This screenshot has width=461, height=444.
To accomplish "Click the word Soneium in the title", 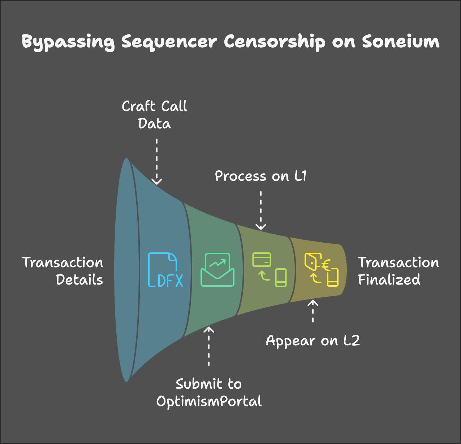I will point(401,42).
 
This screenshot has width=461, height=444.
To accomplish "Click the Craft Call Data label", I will point(155,115).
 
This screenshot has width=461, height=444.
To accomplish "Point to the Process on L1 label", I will point(260,176).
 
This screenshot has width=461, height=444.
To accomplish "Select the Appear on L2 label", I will point(313,341).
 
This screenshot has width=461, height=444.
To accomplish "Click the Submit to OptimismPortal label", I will point(209,393).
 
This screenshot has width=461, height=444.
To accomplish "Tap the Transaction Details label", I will point(63,271).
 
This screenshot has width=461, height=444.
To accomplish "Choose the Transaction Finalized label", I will point(398,271).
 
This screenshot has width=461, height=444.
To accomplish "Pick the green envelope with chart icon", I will point(217,270).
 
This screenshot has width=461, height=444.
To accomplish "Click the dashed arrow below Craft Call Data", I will point(157,162).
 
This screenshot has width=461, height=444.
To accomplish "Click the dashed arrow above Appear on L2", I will point(313,311).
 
